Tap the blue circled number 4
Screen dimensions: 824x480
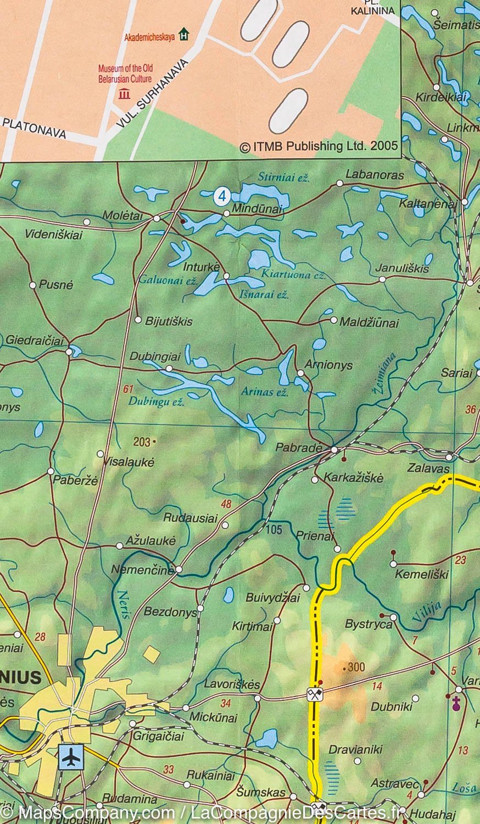221,196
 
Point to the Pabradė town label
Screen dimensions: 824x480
298,447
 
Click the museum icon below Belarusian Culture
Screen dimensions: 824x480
124,93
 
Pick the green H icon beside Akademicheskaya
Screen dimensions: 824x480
184,35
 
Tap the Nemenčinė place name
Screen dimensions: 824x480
143,570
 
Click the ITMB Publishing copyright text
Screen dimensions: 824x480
319,147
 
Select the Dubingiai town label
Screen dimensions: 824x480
147,356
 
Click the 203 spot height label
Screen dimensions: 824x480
142,441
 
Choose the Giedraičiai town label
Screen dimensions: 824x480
35,341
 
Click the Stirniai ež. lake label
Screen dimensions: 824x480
284,178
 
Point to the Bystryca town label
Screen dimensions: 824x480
369,624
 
